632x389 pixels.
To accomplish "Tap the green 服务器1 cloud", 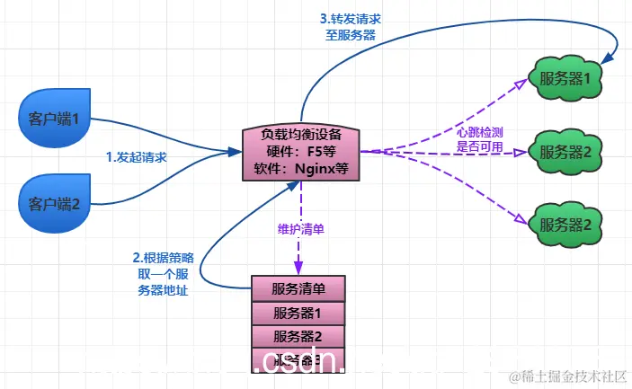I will (565, 78).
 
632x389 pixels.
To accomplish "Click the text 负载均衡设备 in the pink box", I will (301, 135).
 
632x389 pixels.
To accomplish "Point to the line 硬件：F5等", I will (301, 151).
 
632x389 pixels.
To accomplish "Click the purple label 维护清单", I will (300, 229).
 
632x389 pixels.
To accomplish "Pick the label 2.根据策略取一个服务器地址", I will (163, 273).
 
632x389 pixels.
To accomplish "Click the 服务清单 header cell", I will (298, 289).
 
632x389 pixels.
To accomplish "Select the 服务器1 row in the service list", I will (298, 313).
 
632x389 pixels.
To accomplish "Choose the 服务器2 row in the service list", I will (298, 336).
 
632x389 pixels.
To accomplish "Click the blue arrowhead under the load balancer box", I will (290, 185).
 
